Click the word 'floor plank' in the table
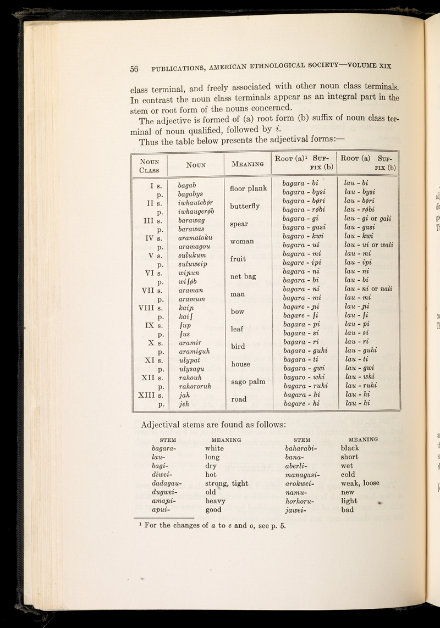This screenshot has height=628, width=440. [x=247, y=189]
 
